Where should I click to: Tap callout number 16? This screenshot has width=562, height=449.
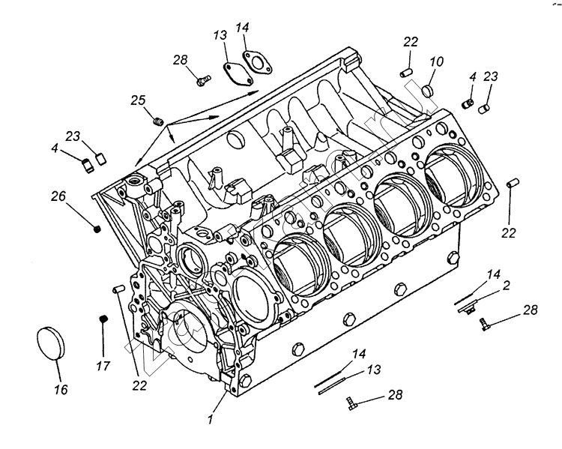[x=61, y=390]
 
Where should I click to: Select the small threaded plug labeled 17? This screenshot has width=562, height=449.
[x=104, y=322]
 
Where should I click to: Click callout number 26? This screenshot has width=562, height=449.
[x=58, y=196]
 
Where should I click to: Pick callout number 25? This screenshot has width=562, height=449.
[x=138, y=100]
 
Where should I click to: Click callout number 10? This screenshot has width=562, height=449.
[x=437, y=61]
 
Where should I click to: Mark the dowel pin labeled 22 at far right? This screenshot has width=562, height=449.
[x=511, y=183]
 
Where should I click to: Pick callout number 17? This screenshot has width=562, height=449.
[x=104, y=367]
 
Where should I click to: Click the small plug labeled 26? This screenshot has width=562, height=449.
[x=97, y=229]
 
